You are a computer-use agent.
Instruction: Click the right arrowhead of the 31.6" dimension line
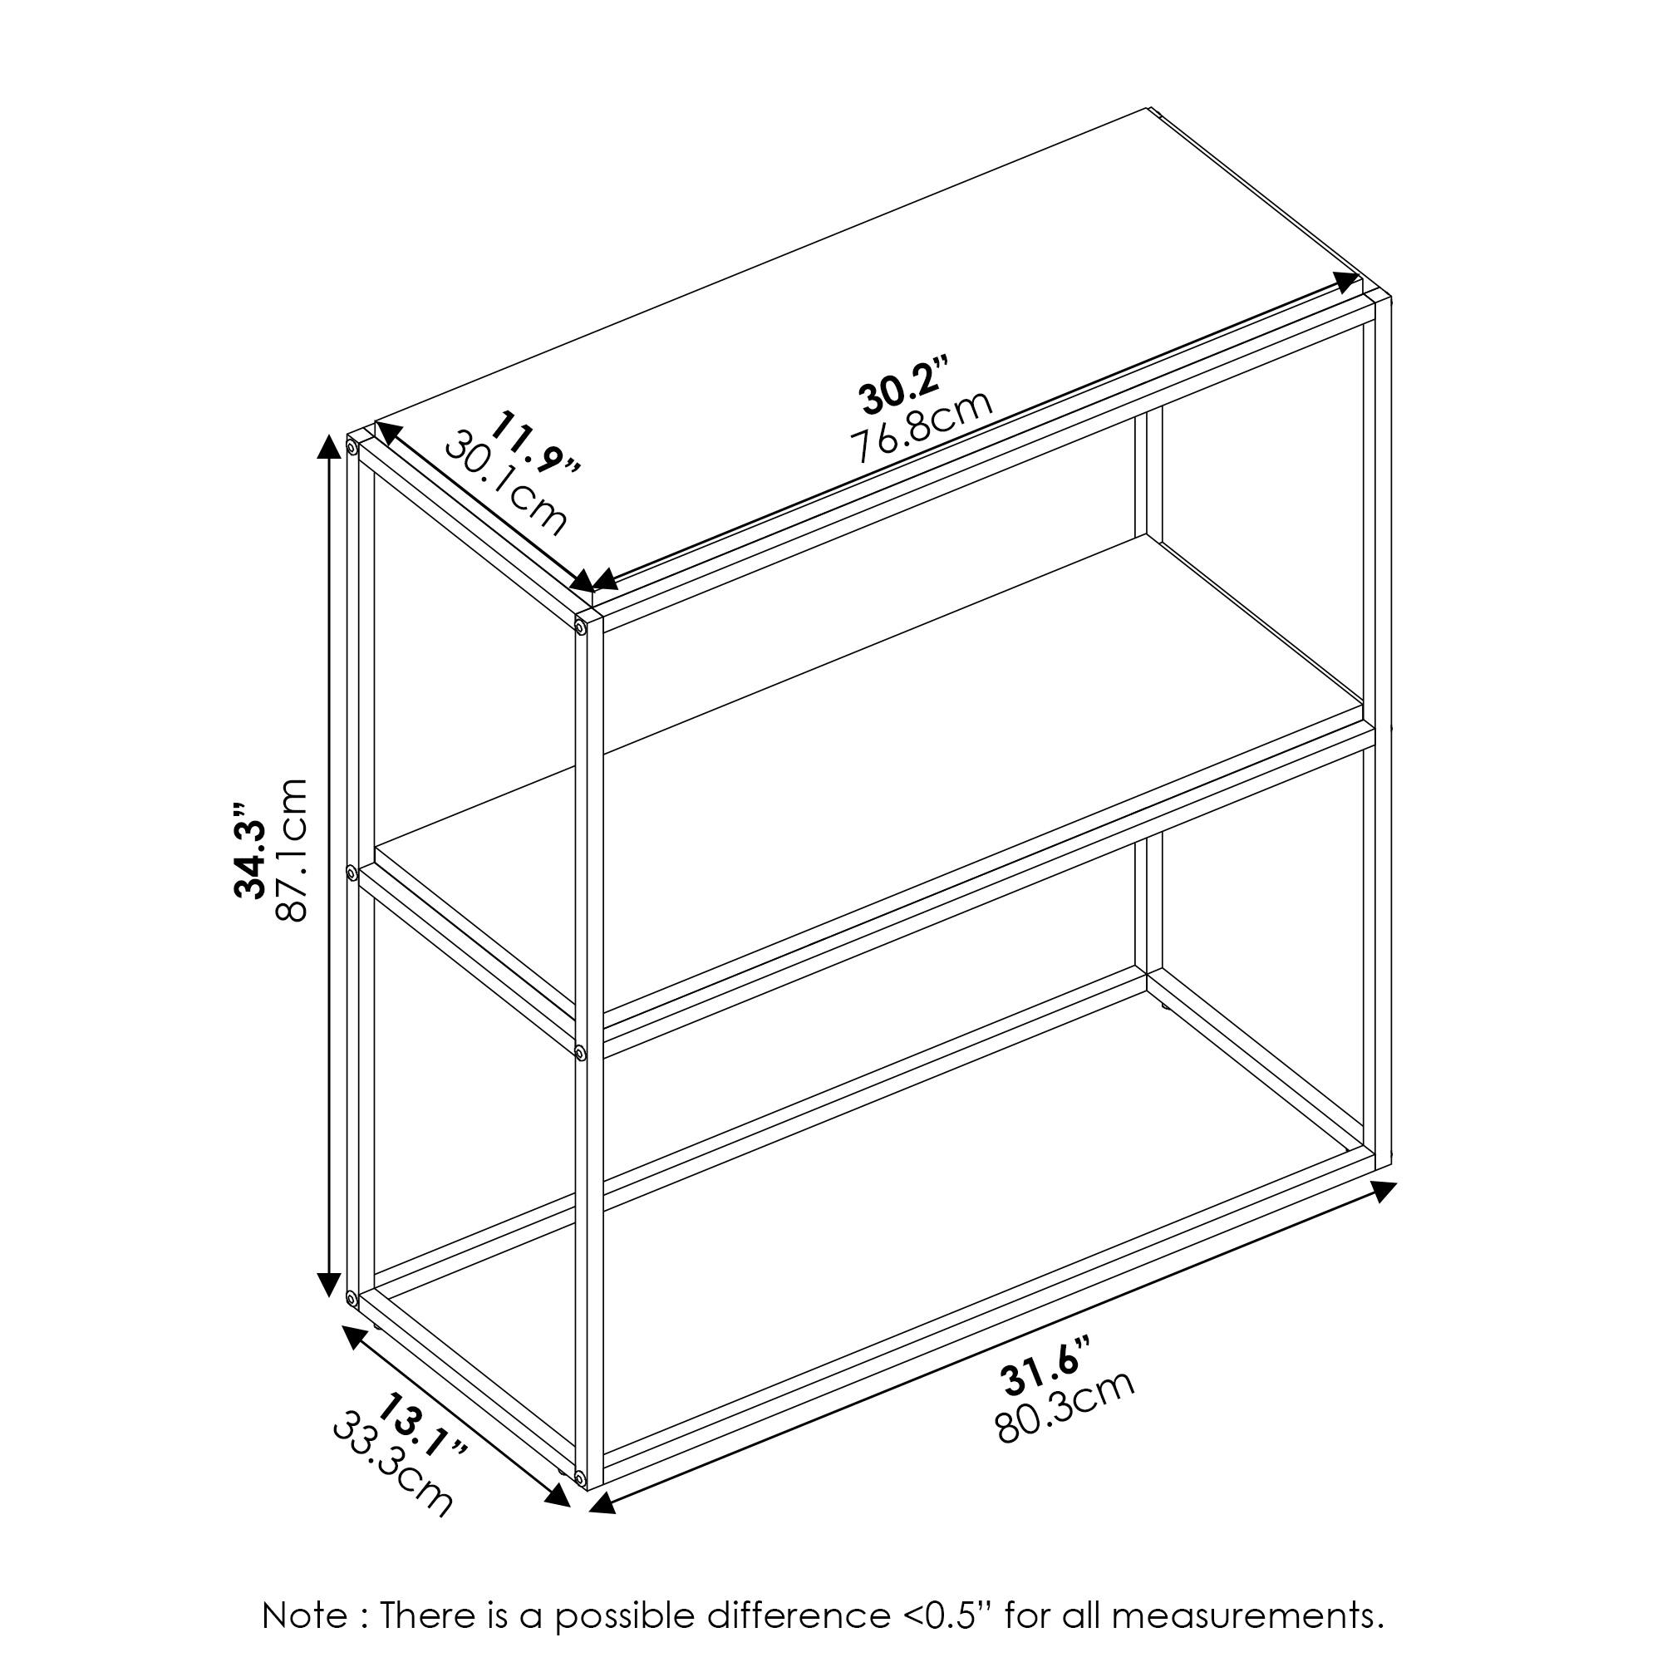[1384, 1192]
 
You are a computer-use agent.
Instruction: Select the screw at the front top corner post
[582, 629]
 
